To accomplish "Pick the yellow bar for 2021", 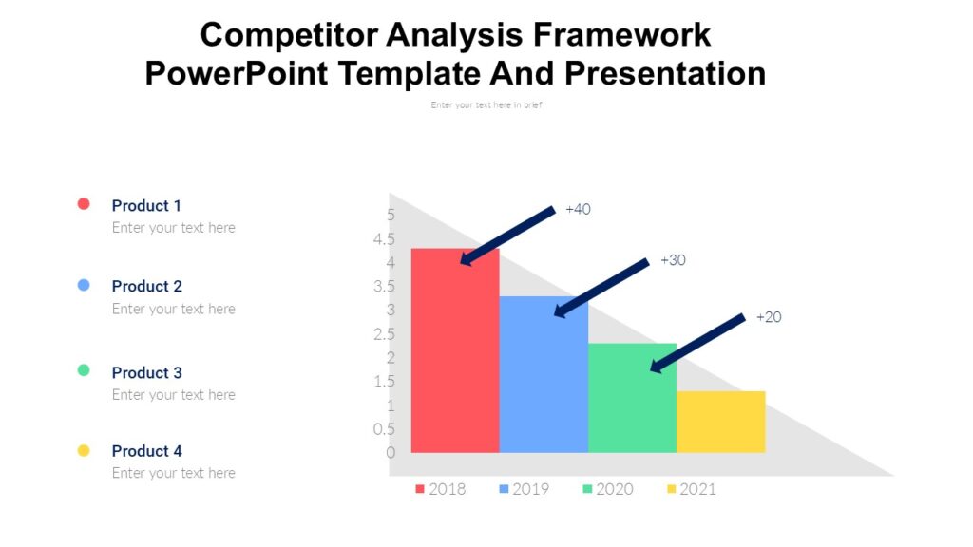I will tap(720, 422).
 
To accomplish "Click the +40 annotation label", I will tap(578, 209).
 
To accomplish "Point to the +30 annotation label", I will tap(673, 260).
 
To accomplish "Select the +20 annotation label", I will tap(769, 317).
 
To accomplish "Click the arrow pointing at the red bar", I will tap(507, 235).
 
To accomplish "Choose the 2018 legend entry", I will tap(441, 489).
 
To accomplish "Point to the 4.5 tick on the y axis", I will tap(385, 239).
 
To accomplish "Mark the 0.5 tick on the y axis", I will tap(385, 429).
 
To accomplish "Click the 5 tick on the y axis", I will tap(391, 215).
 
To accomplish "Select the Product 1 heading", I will tap(146, 205).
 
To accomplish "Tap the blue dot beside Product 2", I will tap(84, 285).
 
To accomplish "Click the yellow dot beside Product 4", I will tap(84, 450).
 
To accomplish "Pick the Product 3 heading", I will tap(146, 372).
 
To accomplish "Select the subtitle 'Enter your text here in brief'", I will tap(486, 105).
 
